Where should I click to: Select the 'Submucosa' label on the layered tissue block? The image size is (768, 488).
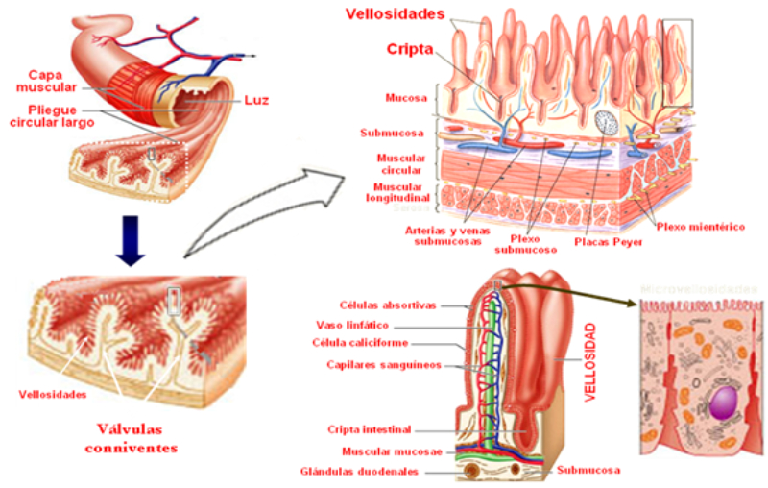[386, 133]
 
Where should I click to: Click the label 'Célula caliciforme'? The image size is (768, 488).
[387, 344]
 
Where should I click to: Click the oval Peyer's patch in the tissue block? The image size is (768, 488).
[608, 123]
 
